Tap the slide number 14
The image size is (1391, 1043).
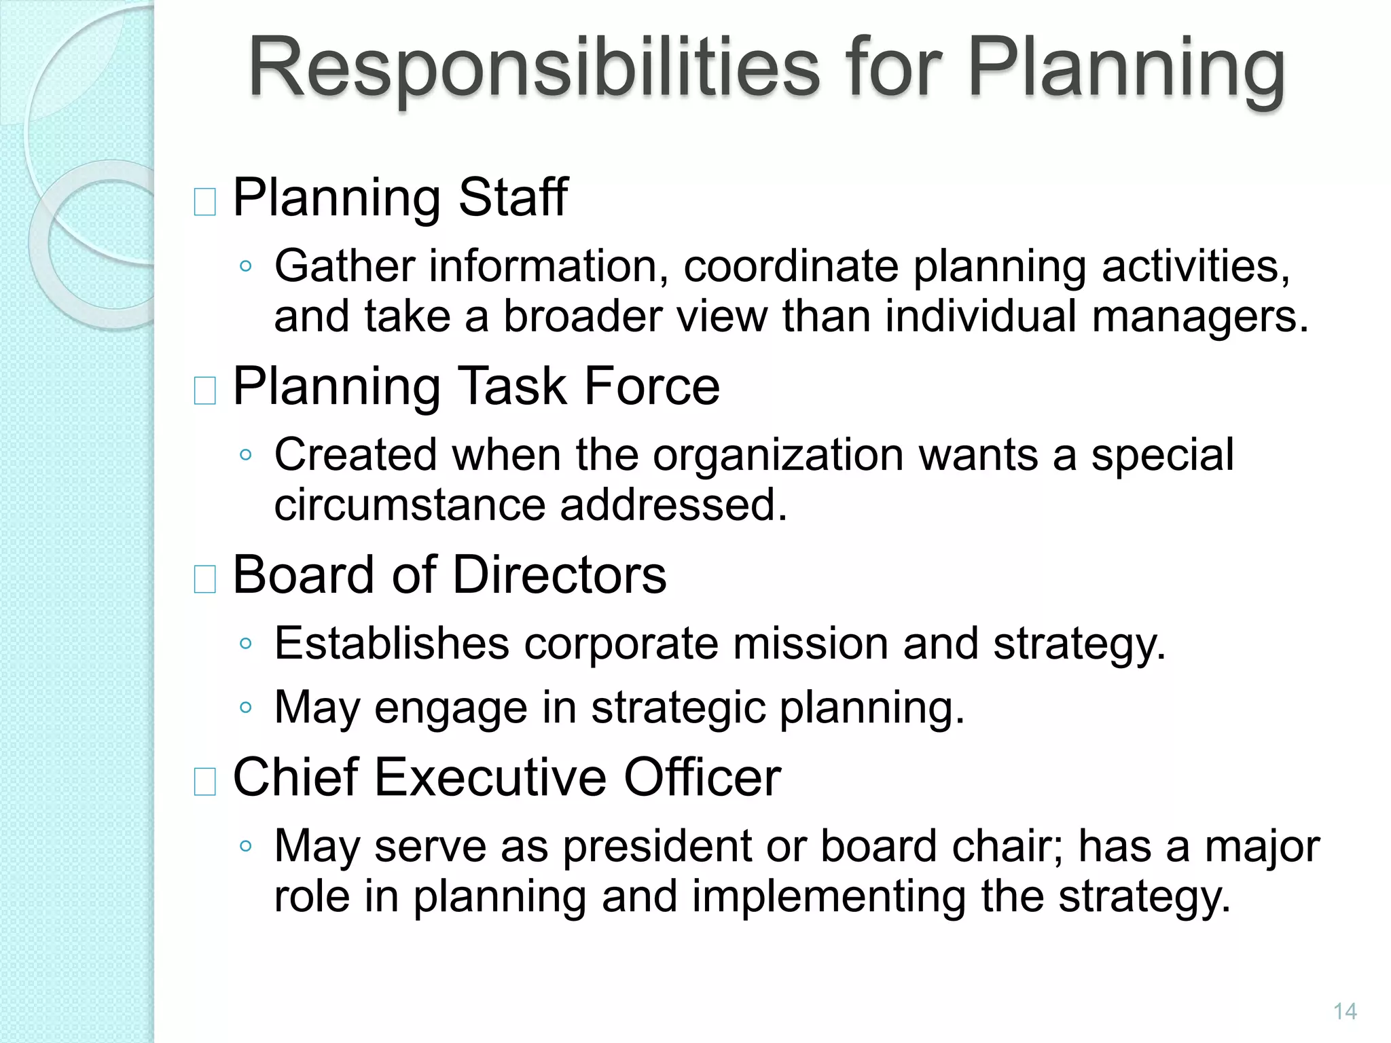[1345, 1011]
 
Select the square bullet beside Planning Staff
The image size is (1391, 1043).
[204, 202]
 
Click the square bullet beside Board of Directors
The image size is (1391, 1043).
[204, 579]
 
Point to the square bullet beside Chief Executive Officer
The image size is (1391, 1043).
[204, 781]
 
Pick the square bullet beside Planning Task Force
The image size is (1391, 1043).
[204, 390]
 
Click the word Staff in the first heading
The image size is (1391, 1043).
[513, 198]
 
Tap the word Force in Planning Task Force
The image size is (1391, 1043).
[651, 386]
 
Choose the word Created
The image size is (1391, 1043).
[355, 454]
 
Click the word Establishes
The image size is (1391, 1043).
[391, 643]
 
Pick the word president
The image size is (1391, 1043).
[657, 847]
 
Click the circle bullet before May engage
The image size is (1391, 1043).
[246, 708]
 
